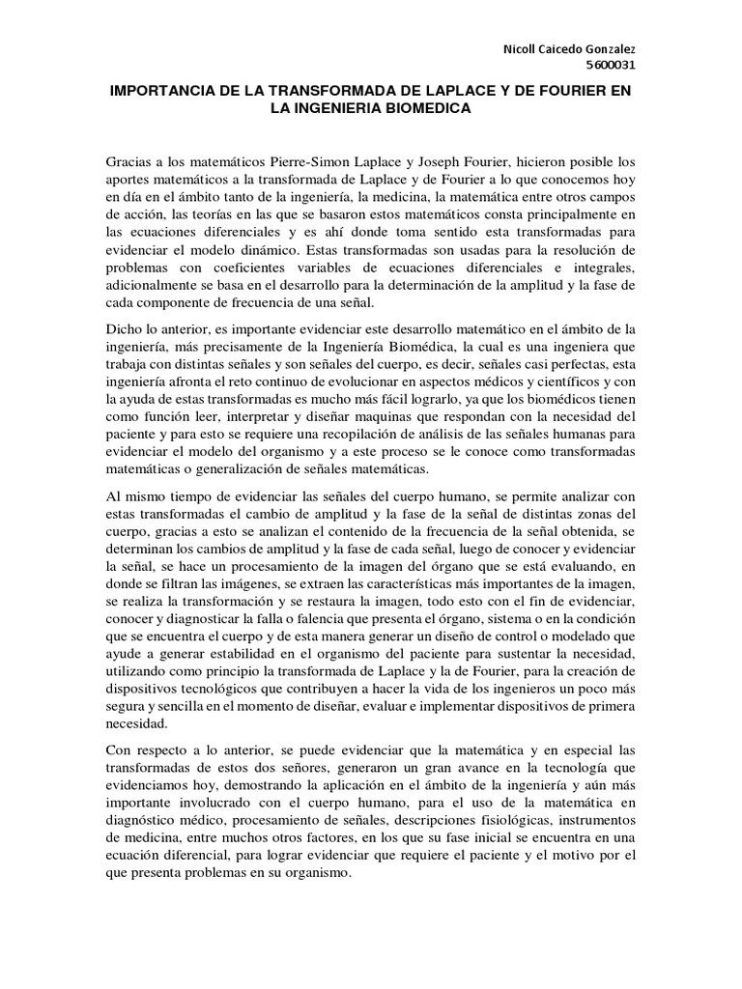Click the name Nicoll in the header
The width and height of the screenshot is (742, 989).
(522, 48)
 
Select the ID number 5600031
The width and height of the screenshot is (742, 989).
(613, 66)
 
